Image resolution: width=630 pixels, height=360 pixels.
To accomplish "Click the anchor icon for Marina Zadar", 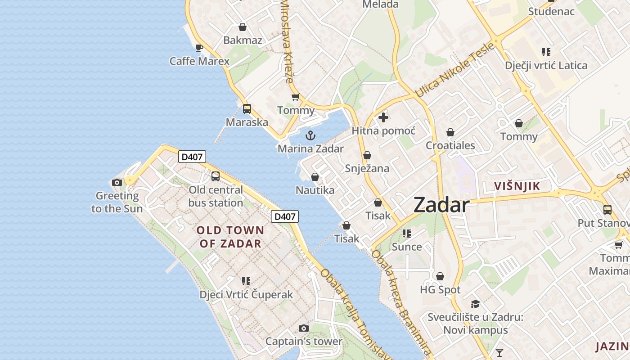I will coord(310,135).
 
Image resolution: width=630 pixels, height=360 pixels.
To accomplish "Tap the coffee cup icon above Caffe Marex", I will coord(199,48).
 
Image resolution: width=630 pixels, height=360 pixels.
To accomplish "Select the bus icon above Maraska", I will coord(247,108).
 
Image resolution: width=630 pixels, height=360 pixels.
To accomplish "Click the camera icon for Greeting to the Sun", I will coord(117,182).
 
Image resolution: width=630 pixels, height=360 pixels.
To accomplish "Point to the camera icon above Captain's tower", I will coord(304,328).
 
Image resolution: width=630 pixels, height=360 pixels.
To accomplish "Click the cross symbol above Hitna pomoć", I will coord(383,117).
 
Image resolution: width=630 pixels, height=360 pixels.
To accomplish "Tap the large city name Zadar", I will coord(441,205).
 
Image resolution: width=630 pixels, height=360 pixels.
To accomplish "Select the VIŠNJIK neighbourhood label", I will coord(517,186).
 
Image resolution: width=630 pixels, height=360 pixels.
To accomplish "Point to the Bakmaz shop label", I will coord(243,40).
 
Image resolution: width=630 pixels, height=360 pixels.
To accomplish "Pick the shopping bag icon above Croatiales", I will coord(450,132).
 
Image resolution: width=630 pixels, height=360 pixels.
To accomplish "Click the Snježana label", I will coord(367,168).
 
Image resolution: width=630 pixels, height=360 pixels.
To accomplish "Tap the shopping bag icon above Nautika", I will coord(315,177).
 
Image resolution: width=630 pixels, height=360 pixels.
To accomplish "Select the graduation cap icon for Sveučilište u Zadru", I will coord(475,304).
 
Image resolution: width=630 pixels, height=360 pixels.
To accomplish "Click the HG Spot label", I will coord(440,290).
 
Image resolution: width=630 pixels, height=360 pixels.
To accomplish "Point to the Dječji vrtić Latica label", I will coord(546,66).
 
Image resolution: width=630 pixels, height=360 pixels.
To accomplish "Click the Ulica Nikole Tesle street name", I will coord(454,70).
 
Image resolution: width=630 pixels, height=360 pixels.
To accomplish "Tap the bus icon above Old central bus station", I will coord(216,176).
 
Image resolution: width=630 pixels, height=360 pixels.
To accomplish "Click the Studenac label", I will coord(551,11).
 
